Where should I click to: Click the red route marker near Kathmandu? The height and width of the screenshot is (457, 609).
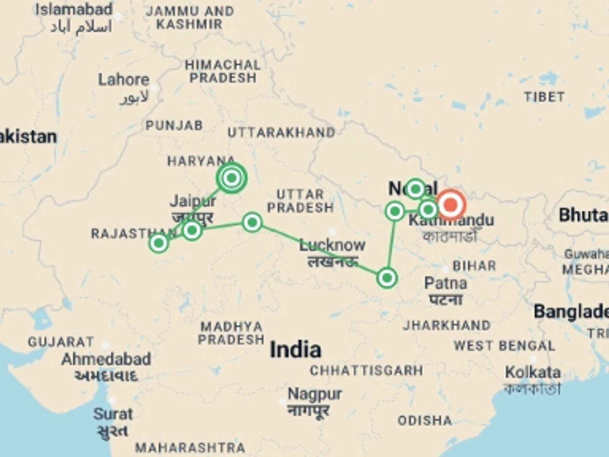(451, 205)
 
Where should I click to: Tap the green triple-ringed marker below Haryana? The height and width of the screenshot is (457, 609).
(232, 178)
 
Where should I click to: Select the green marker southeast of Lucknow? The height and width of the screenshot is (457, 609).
(387, 278)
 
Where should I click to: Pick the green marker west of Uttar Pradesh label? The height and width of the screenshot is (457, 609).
(252, 222)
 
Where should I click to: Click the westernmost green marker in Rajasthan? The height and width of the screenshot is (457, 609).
(159, 243)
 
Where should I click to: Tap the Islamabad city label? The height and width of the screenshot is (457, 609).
(74, 10)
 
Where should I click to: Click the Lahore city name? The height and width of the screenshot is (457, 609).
(123, 80)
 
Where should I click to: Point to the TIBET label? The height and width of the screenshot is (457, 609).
(544, 97)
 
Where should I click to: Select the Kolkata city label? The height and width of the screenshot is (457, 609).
(533, 372)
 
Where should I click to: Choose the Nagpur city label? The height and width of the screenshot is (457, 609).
(315, 394)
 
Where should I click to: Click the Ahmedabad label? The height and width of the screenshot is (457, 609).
(106, 359)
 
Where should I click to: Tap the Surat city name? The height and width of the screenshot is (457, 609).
(113, 414)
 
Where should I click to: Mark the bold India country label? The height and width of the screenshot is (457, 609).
(295, 350)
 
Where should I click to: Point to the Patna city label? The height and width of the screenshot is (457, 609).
(446, 283)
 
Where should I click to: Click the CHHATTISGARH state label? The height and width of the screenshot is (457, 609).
(366, 370)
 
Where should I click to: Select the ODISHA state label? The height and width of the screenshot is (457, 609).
(425, 421)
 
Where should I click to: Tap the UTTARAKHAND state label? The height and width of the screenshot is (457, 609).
(281, 133)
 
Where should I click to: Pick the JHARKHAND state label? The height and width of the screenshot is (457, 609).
(447, 325)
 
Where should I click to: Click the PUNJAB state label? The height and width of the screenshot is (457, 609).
(174, 125)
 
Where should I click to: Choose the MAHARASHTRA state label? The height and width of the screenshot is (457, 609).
(190, 448)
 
